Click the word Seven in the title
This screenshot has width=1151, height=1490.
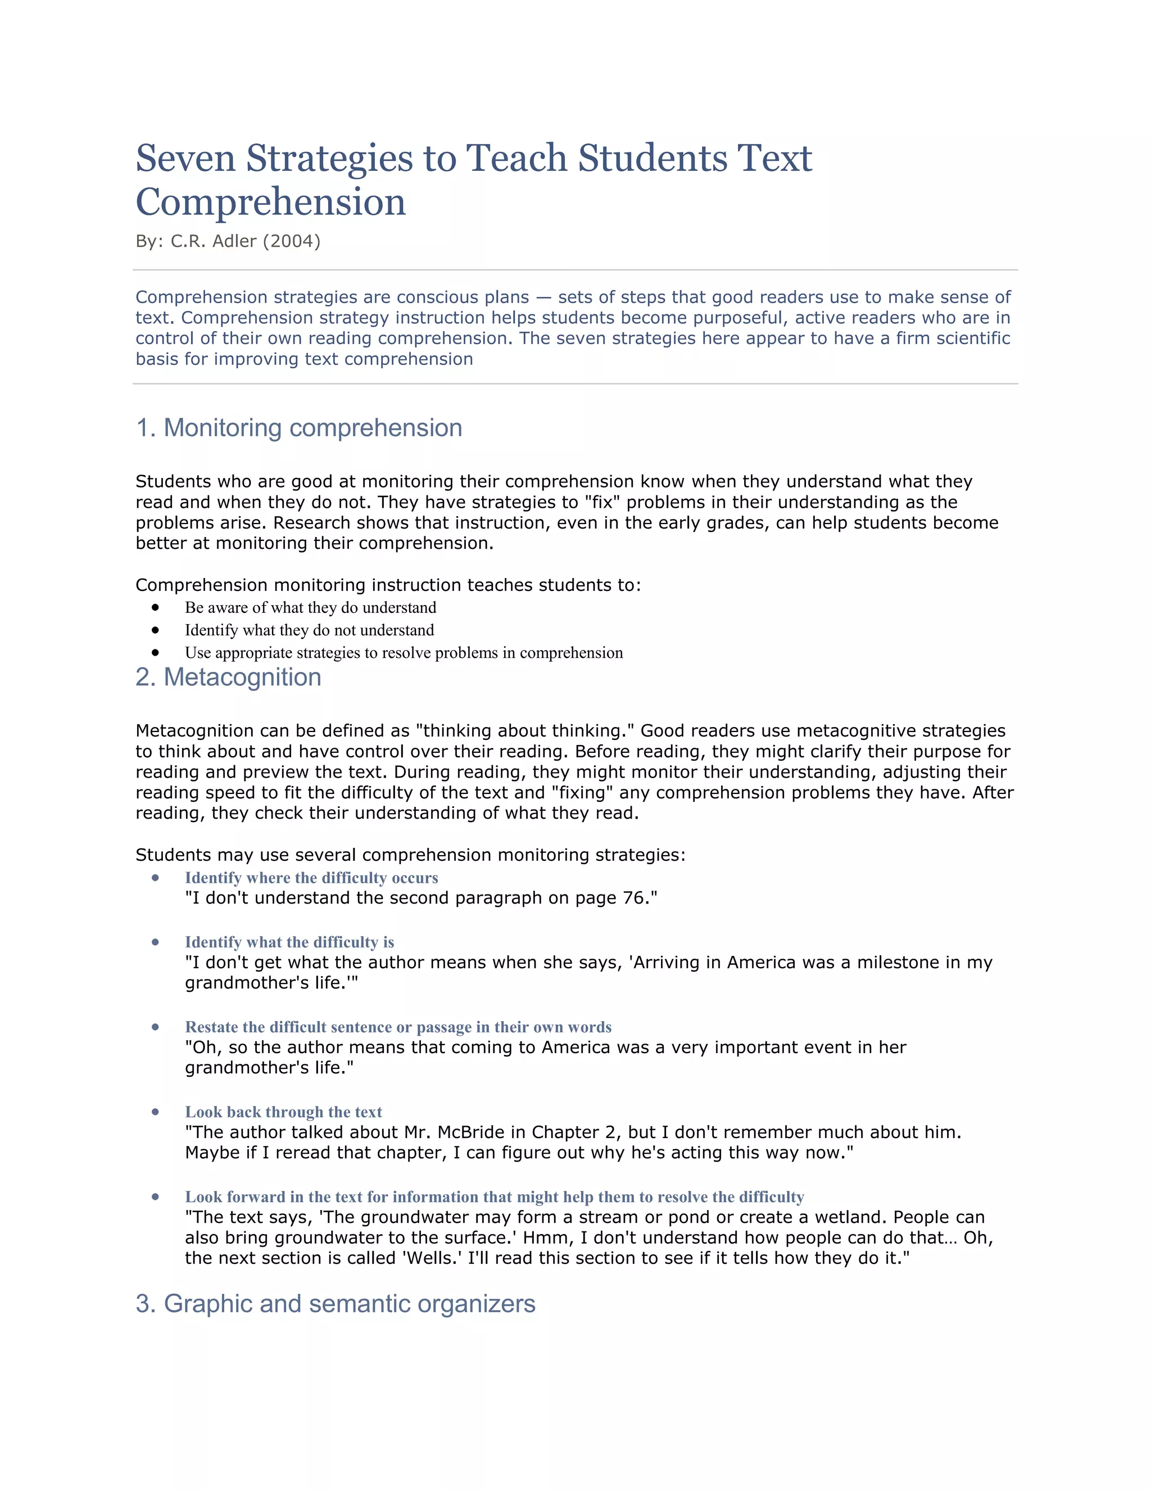(x=185, y=159)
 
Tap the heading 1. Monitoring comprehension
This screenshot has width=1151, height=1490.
(x=298, y=428)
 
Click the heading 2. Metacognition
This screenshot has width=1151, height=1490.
(x=228, y=677)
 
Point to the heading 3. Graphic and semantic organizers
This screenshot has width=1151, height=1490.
(x=336, y=1303)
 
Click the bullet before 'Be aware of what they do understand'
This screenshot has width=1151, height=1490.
(x=156, y=607)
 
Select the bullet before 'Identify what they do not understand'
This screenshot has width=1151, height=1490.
(x=156, y=630)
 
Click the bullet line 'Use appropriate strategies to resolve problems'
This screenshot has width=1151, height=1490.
(x=404, y=653)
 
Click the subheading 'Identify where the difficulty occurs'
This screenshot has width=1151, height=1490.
(x=311, y=878)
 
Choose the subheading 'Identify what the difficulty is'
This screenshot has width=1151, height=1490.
(x=289, y=942)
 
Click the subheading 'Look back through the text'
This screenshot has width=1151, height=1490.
(x=283, y=1112)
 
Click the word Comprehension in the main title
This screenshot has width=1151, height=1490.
(x=271, y=202)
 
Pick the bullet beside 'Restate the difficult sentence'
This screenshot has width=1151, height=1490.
(x=156, y=1027)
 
